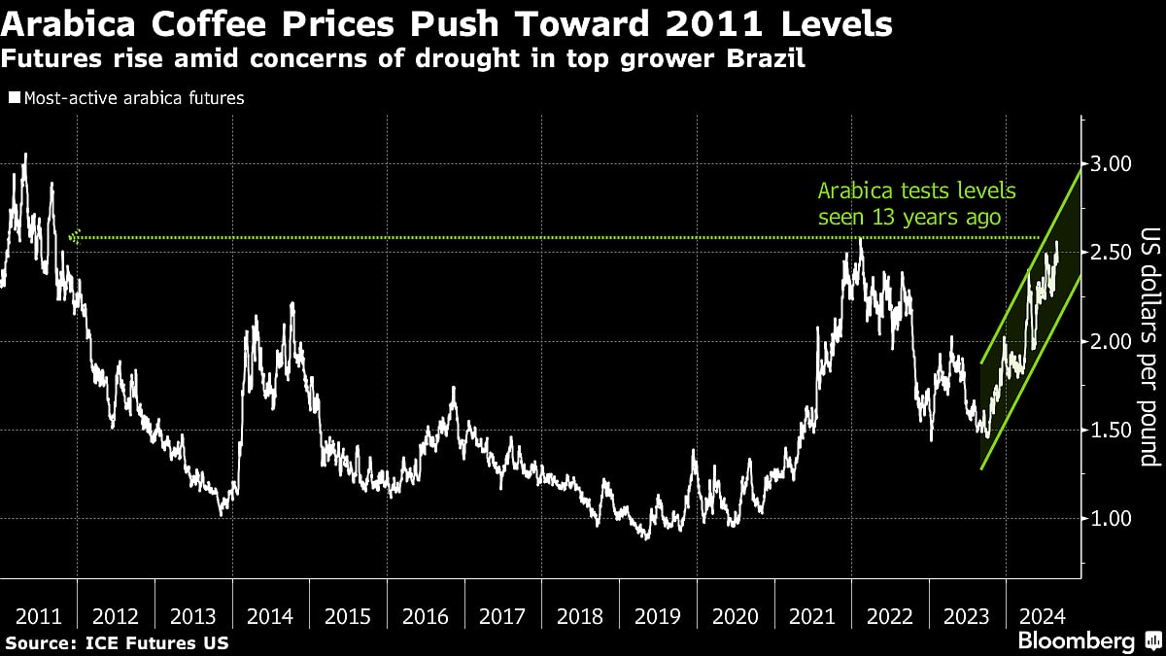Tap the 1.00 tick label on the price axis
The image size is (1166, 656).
[x=1110, y=518]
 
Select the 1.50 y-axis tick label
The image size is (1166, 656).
[x=1110, y=430]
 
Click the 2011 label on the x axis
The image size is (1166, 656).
[x=39, y=616]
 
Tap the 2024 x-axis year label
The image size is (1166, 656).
[x=1043, y=616]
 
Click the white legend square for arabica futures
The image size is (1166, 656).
[x=14, y=98]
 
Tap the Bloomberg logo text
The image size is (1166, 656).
[x=1076, y=641]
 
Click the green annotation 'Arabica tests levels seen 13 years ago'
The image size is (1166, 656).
[x=909, y=204]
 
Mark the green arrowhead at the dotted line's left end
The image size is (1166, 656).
[x=77, y=236]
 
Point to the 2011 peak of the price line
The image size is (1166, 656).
[x=24, y=155]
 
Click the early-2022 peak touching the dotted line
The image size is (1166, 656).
[x=860, y=239]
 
